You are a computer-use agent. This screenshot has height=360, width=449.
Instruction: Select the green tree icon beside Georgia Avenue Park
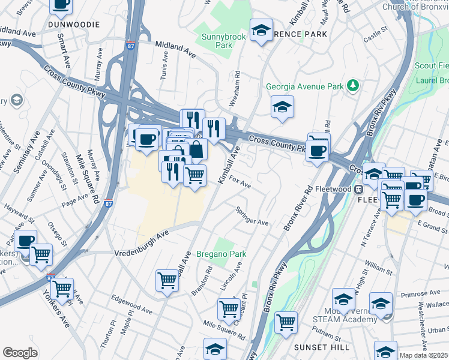(354, 86)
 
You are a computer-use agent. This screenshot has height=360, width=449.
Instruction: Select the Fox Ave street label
(240, 182)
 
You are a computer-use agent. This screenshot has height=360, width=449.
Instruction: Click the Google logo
(20, 353)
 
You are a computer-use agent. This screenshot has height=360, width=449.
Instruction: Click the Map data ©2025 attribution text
(423, 355)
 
